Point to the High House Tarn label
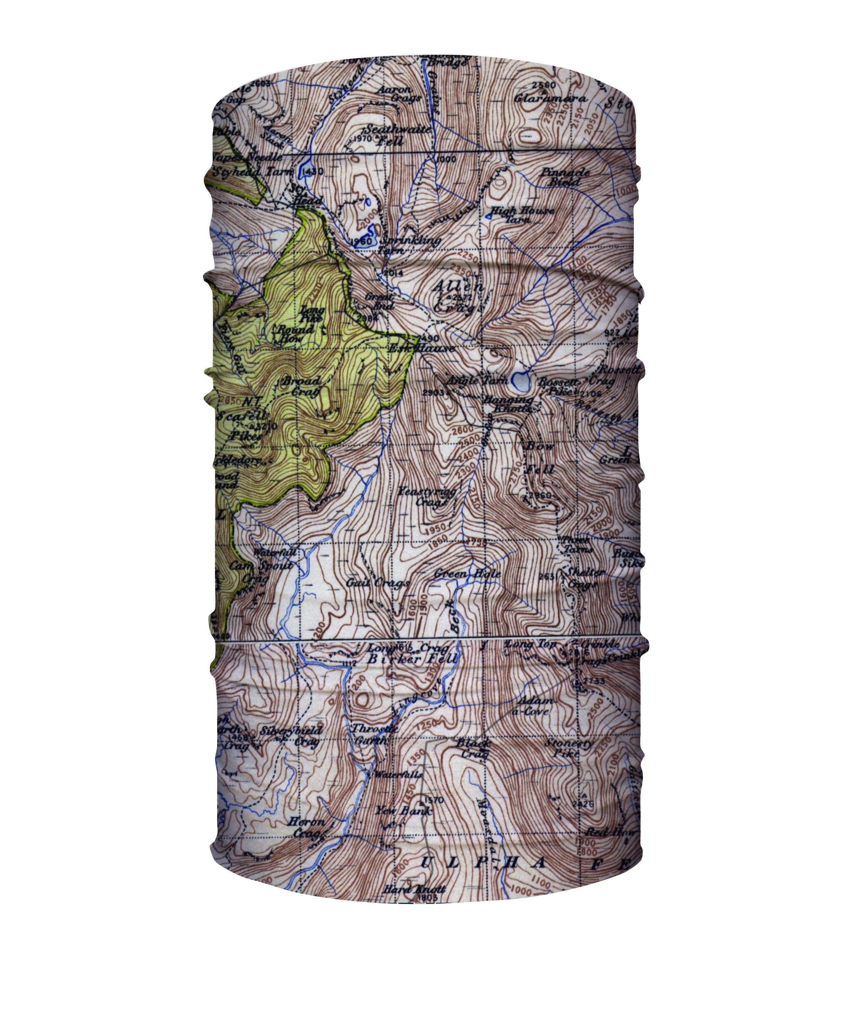click(x=522, y=214)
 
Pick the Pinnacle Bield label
click(x=565, y=177)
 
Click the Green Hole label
click(x=467, y=574)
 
